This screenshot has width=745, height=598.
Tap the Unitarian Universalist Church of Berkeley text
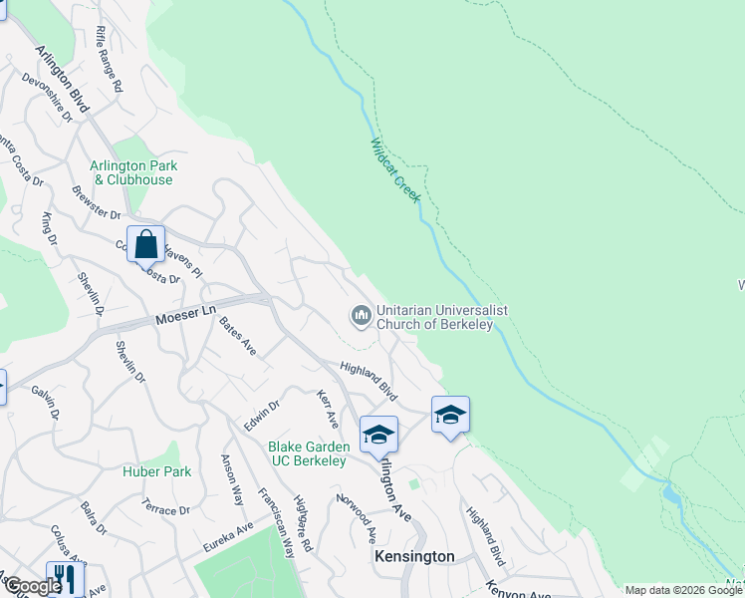441,317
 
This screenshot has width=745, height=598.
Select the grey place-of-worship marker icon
360,316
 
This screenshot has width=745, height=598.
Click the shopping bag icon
145,244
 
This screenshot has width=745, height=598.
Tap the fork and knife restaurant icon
64,578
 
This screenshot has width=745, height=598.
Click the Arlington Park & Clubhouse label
131,172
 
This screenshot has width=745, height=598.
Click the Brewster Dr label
96,202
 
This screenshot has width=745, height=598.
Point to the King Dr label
47,227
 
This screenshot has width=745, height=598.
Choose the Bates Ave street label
238,336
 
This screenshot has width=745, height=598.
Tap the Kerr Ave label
328,410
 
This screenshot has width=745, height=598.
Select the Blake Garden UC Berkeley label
308,453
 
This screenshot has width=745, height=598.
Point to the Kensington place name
413,556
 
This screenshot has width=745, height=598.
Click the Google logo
33,586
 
